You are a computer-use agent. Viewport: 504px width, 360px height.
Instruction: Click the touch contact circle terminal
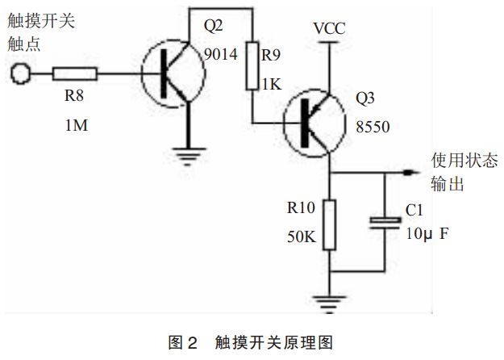point(20,75)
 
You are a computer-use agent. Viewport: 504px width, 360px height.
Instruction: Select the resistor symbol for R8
point(75,75)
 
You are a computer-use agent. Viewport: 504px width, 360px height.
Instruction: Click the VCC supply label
point(329,28)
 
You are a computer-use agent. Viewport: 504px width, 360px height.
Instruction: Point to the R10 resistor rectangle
point(330,226)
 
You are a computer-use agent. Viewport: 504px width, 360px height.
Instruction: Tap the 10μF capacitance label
point(426,234)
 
